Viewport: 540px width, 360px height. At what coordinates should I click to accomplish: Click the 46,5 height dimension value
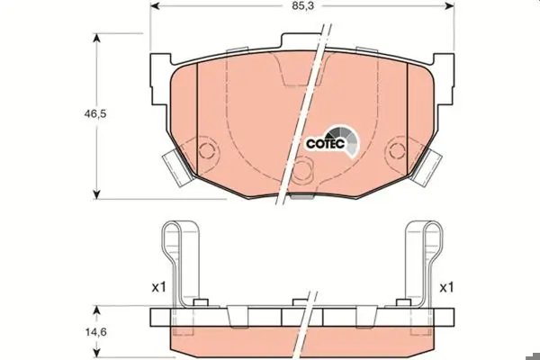coord(95,113)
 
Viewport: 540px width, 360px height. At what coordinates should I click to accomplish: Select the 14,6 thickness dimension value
coord(96,332)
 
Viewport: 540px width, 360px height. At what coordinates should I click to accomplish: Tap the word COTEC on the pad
coord(326,144)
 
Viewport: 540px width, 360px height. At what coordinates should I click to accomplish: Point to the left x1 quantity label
coord(159,287)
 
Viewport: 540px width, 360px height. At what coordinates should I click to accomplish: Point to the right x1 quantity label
coord(446,287)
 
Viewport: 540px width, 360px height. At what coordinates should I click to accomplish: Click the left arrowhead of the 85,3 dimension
coord(156,6)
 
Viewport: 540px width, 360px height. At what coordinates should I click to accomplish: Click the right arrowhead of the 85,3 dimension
coord(449,6)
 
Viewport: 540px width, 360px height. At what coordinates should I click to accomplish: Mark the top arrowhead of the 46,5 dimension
coord(97,38)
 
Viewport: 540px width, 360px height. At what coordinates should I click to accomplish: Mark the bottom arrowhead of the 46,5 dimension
coord(97,194)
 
